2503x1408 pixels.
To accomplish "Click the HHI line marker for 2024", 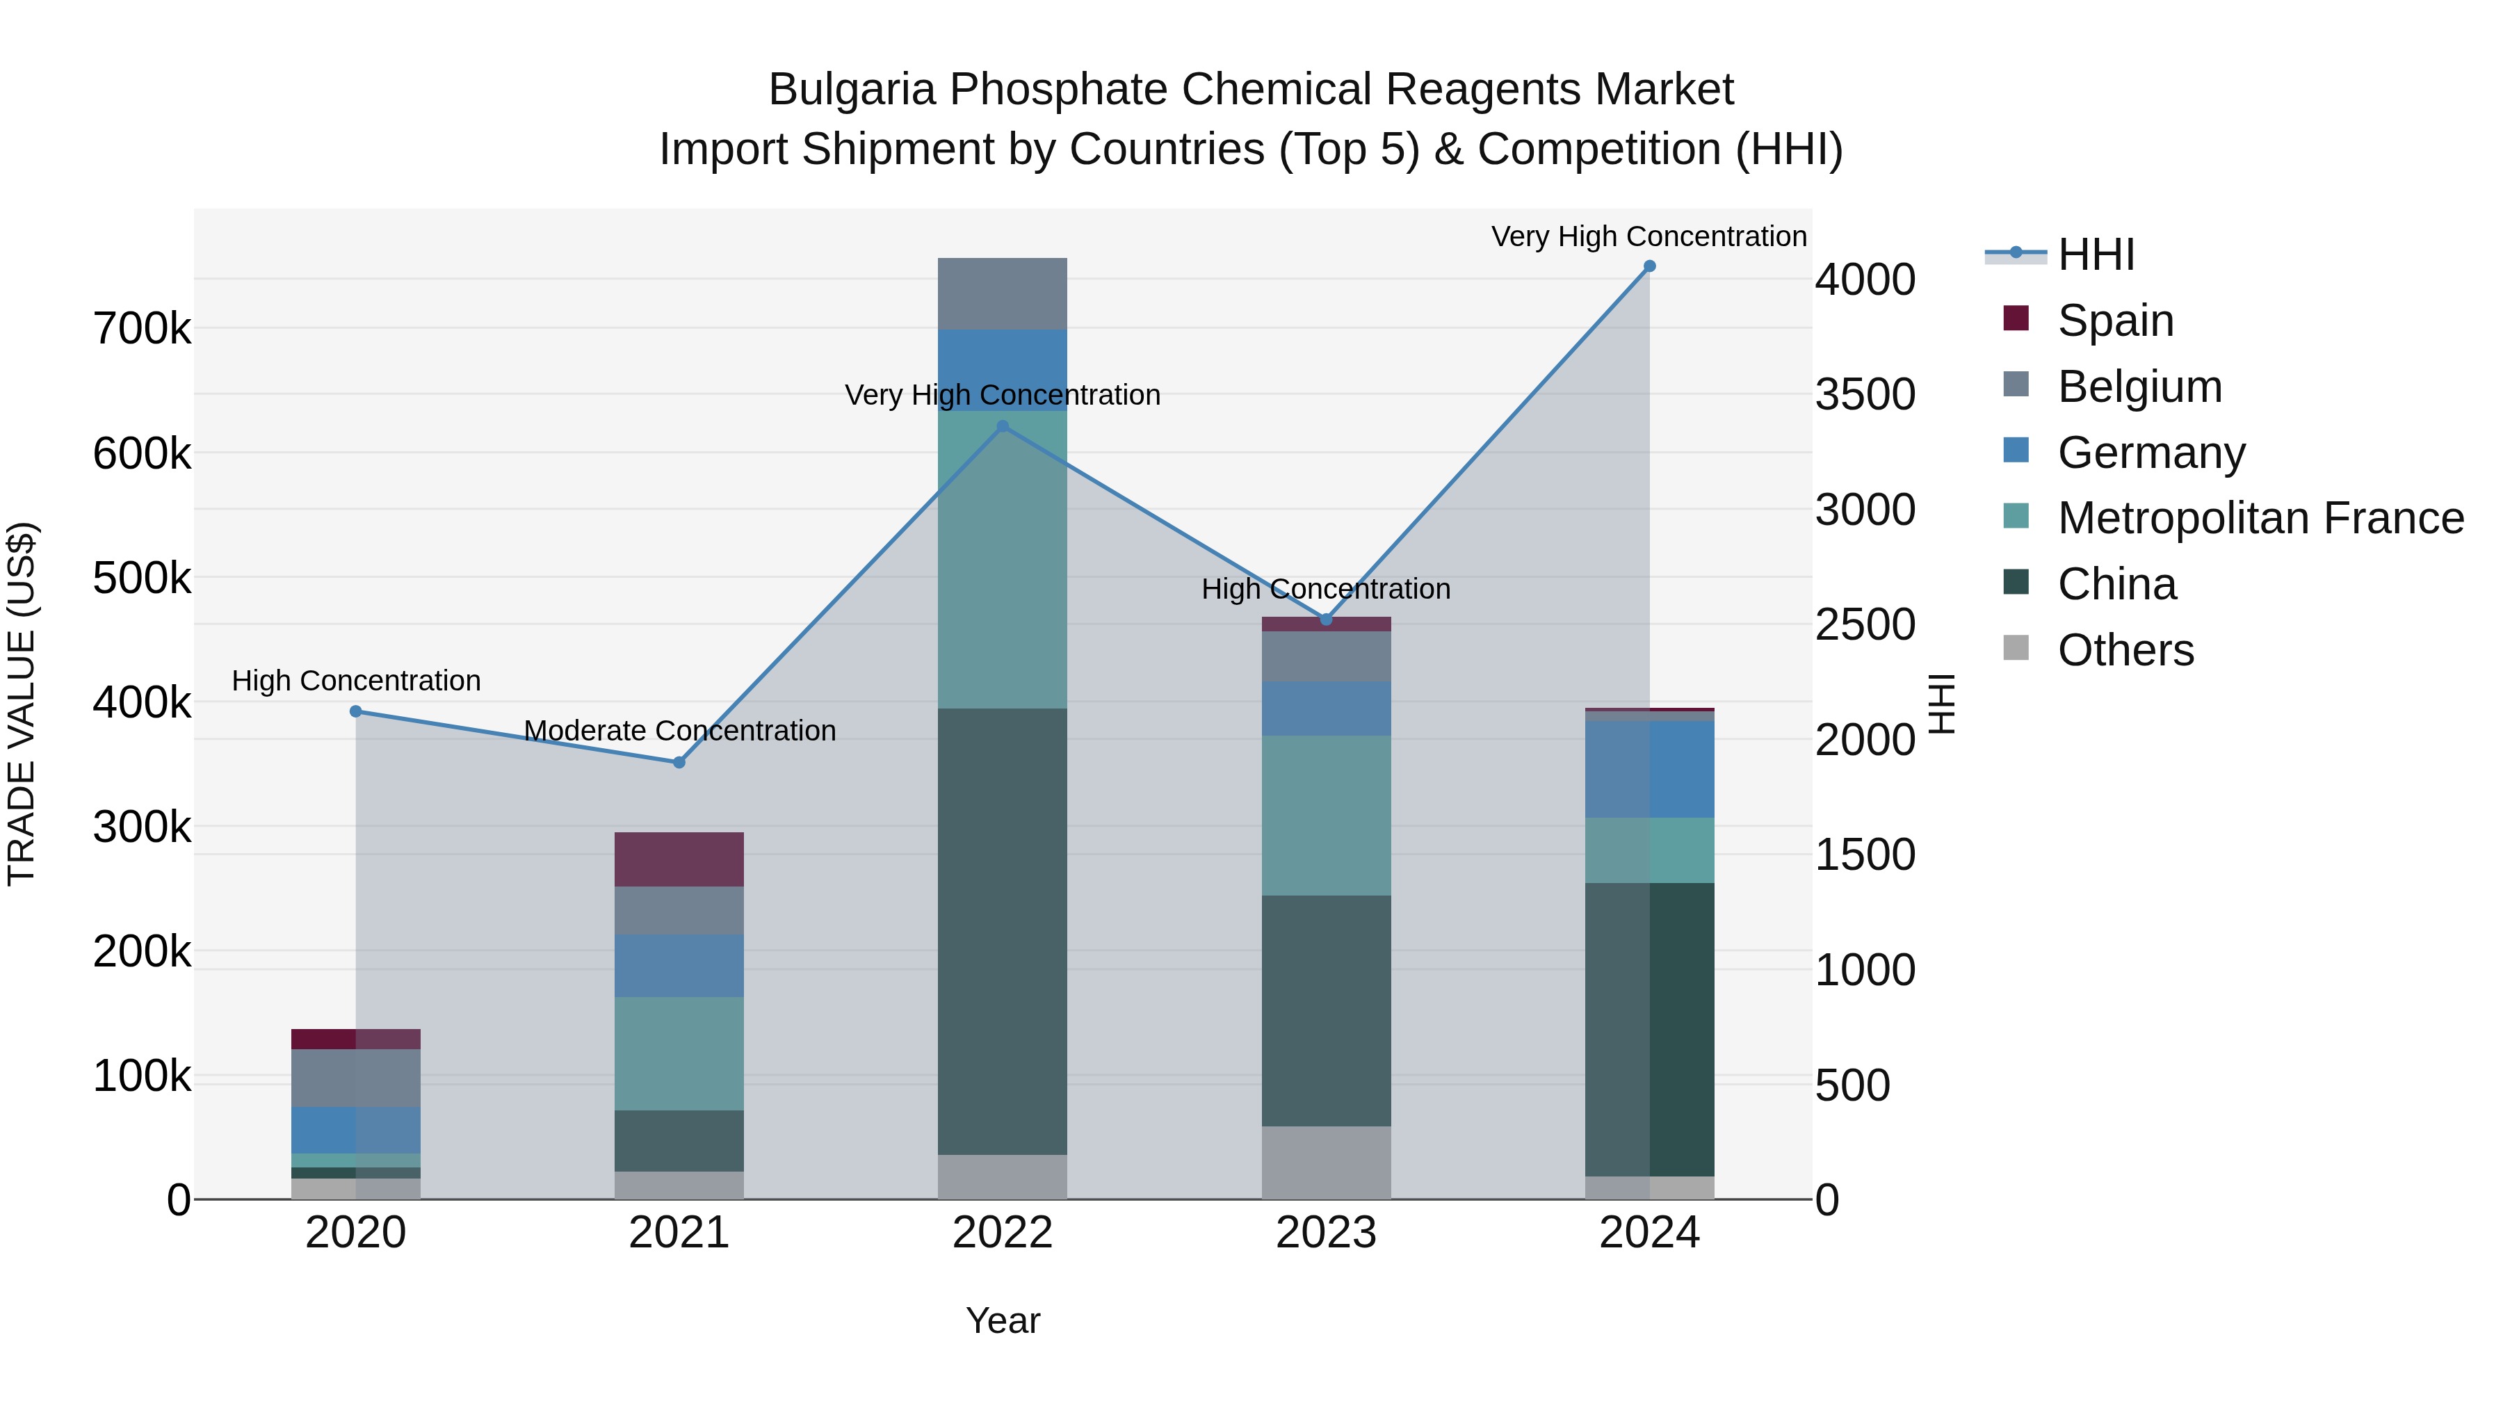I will tap(1649, 266).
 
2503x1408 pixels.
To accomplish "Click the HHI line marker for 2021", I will tap(679, 763).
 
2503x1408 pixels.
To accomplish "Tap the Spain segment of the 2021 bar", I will tap(679, 859).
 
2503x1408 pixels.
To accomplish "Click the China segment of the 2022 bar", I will tap(1003, 931).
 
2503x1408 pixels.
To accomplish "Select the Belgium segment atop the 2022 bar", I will tap(1003, 293).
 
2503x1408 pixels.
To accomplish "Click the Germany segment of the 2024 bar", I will tap(1649, 770).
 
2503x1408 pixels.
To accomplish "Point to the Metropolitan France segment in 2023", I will tap(1327, 816).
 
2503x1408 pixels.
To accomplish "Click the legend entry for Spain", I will tap(2114, 321).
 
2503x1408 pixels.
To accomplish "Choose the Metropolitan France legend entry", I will tap(2259, 518).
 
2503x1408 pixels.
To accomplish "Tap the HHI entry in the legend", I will tap(2095, 254).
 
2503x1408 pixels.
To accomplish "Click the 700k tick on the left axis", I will tap(142, 330).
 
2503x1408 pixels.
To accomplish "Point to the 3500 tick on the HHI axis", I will tap(1865, 394).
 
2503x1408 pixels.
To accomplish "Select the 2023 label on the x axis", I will tap(1327, 1233).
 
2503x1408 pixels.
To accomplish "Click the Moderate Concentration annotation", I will tap(679, 731).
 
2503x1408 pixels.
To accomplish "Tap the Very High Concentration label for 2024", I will tap(1649, 236).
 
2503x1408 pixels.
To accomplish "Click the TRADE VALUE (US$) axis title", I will tap(22, 704).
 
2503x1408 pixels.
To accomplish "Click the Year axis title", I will tap(1003, 1320).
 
